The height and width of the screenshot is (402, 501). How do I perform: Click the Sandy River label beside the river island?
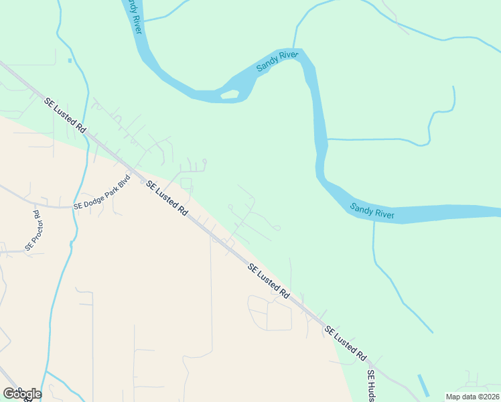point(277,62)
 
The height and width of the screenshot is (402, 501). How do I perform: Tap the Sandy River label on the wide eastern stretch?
point(372,210)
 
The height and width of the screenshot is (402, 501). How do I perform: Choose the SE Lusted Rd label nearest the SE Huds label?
point(346,342)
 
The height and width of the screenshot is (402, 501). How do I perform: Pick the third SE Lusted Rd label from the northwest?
point(269,281)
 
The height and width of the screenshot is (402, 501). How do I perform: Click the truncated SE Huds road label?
point(370,385)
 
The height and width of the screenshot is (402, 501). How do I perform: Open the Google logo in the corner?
point(22,393)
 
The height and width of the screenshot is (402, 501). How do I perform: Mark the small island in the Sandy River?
point(230,94)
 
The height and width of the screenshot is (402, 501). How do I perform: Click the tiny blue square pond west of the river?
point(70,60)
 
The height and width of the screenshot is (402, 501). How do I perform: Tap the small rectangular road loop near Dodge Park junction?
point(186,184)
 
